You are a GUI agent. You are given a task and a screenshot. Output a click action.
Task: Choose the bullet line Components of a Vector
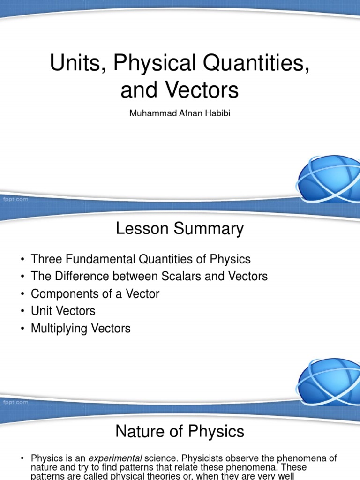[x=95, y=294]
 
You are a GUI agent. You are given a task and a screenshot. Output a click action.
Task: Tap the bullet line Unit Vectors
[x=63, y=311]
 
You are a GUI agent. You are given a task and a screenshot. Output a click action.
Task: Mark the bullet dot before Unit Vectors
[x=22, y=311]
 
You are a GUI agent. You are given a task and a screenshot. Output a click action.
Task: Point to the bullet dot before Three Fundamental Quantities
[x=22, y=259]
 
